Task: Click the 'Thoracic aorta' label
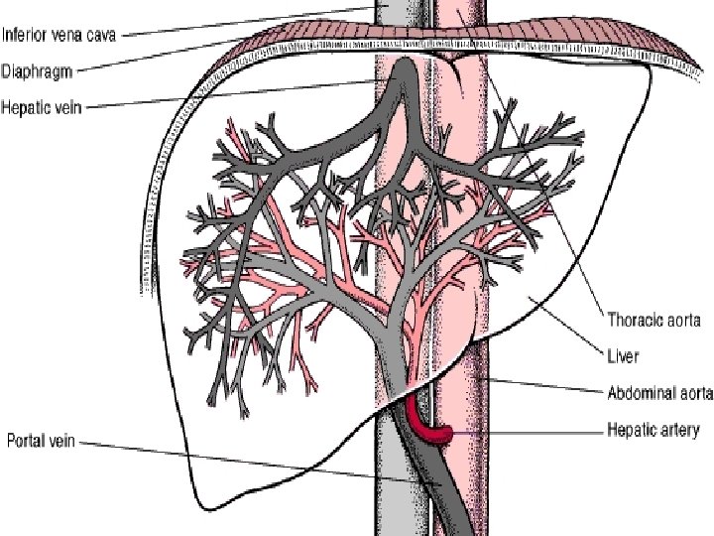coord(654,320)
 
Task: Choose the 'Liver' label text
coord(623,354)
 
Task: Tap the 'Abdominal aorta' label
coord(658,393)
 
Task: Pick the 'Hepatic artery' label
coord(653,430)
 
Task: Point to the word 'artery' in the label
coord(679,430)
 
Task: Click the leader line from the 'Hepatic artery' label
coord(526,432)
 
